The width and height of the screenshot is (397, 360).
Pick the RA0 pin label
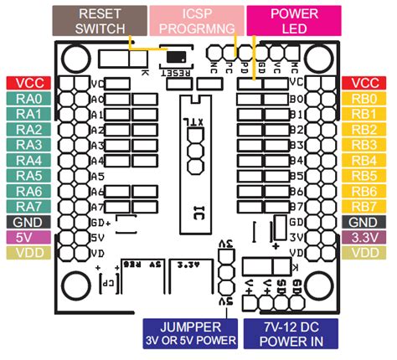pyautogui.click(x=28, y=99)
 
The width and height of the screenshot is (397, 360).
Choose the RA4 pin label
pyautogui.click(x=28, y=160)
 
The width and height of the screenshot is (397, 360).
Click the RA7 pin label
pyautogui.click(x=28, y=207)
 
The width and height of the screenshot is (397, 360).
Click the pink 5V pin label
pyautogui.click(x=28, y=237)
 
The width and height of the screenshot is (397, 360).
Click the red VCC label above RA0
pyautogui.click(x=28, y=83)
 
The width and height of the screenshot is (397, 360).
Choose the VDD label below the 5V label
pyautogui.click(x=28, y=252)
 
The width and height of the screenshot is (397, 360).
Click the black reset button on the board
pyautogui.click(x=177, y=58)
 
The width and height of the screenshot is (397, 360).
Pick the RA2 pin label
pyautogui.click(x=28, y=130)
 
